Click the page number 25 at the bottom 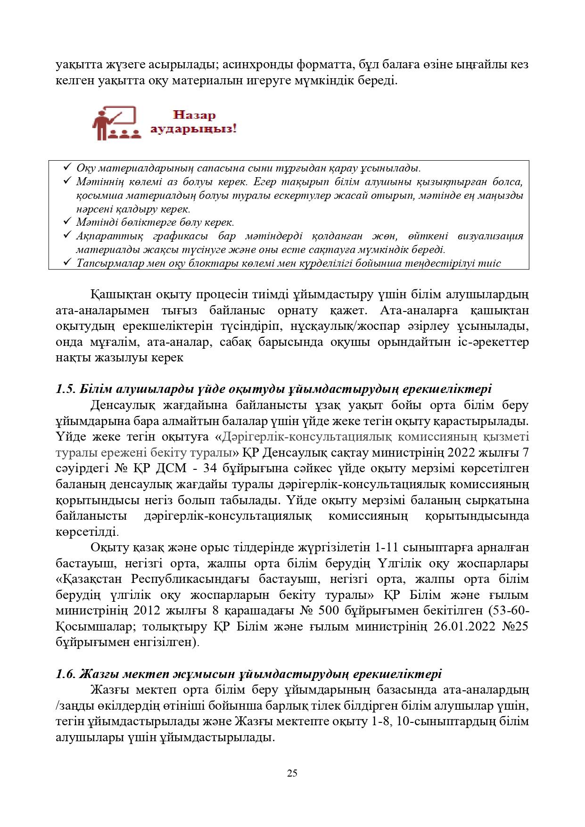(x=292, y=773)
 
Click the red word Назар (x=194, y=115)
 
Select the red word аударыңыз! (x=193, y=129)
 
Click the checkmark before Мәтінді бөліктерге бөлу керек (x=66, y=221)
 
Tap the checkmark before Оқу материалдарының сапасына (x=66, y=167)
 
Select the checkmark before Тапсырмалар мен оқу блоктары (x=66, y=262)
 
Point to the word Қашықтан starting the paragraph (x=114, y=295)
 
